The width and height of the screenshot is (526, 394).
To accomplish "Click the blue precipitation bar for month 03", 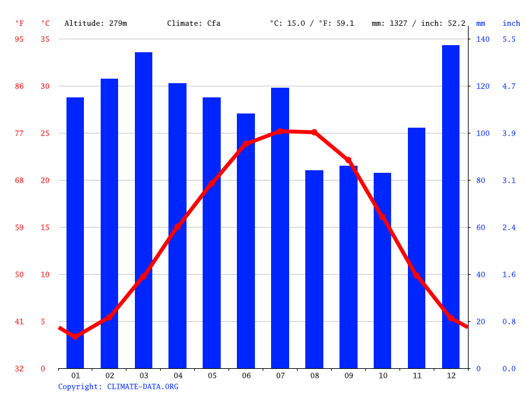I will click(143, 210).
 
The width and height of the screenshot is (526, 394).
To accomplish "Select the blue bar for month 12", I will click(450, 206).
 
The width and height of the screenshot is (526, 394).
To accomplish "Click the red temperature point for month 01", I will click(76, 337).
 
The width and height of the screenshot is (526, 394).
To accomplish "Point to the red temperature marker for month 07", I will click(280, 131).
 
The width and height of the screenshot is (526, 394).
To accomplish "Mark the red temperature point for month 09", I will click(348, 159).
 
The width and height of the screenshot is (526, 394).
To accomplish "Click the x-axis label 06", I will click(246, 375).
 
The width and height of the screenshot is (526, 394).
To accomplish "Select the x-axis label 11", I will click(416, 375).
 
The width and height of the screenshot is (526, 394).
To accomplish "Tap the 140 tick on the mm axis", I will click(483, 39).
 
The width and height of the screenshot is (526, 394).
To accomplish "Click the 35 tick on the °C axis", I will click(45, 39).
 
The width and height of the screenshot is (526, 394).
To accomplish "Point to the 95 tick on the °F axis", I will click(19, 39).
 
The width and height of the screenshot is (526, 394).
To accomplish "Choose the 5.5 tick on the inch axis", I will click(509, 39).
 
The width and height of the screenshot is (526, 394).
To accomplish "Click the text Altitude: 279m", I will click(96, 23).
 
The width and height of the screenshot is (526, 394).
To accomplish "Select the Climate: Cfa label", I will click(194, 23).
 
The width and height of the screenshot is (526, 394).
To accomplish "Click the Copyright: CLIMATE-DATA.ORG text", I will click(118, 386).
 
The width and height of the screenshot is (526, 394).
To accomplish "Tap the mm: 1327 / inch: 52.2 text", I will click(418, 23).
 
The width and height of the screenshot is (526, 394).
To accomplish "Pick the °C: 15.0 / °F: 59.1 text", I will click(312, 23).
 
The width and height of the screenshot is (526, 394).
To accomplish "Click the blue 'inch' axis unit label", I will click(511, 23).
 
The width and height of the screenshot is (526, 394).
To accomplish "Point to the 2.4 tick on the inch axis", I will click(509, 228).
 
